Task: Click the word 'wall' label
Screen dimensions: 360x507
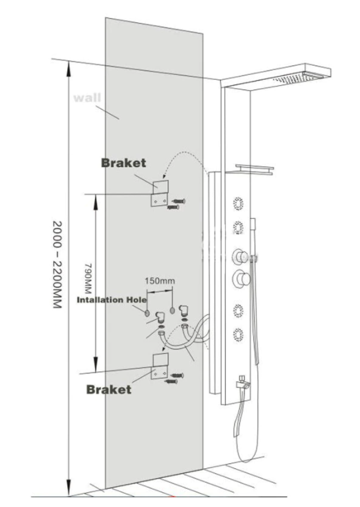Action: (87, 98)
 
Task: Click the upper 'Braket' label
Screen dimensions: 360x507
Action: (123, 163)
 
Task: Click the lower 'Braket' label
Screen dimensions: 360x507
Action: (109, 389)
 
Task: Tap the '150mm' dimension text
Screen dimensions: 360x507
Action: (159, 281)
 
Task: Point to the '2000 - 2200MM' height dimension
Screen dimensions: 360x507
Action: (57, 265)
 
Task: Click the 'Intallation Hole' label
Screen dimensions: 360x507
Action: (111, 300)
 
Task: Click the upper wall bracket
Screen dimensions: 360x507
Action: (160, 193)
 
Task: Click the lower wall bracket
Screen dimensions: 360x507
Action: (160, 366)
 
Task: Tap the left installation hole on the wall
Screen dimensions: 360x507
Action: (147, 312)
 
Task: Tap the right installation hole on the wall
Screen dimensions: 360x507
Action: (172, 310)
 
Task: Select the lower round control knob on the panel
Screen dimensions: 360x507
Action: (241, 278)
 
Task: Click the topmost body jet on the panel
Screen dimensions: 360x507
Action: (238, 204)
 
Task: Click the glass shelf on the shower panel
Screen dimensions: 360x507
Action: (254, 170)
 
